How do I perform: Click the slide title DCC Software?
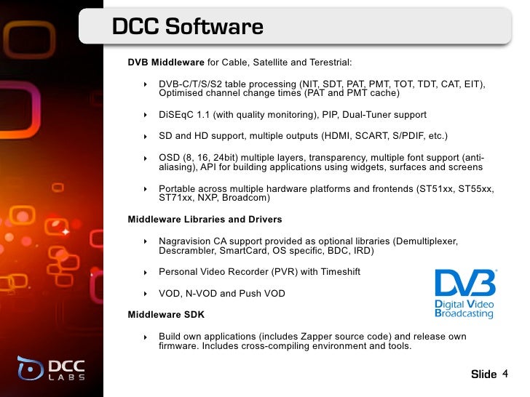point(187,28)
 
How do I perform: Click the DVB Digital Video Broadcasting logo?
point(464,293)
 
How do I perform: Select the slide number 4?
point(505,374)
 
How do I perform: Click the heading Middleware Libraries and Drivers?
point(205,219)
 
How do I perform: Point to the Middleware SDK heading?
point(166,315)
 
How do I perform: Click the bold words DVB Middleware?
point(166,63)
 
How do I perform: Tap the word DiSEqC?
point(178,115)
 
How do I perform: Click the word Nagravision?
point(188,241)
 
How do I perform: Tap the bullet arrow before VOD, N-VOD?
point(146,294)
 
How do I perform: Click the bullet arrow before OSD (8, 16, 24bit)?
point(146,158)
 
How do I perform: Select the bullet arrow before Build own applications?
point(146,337)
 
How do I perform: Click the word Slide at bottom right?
point(483,374)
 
